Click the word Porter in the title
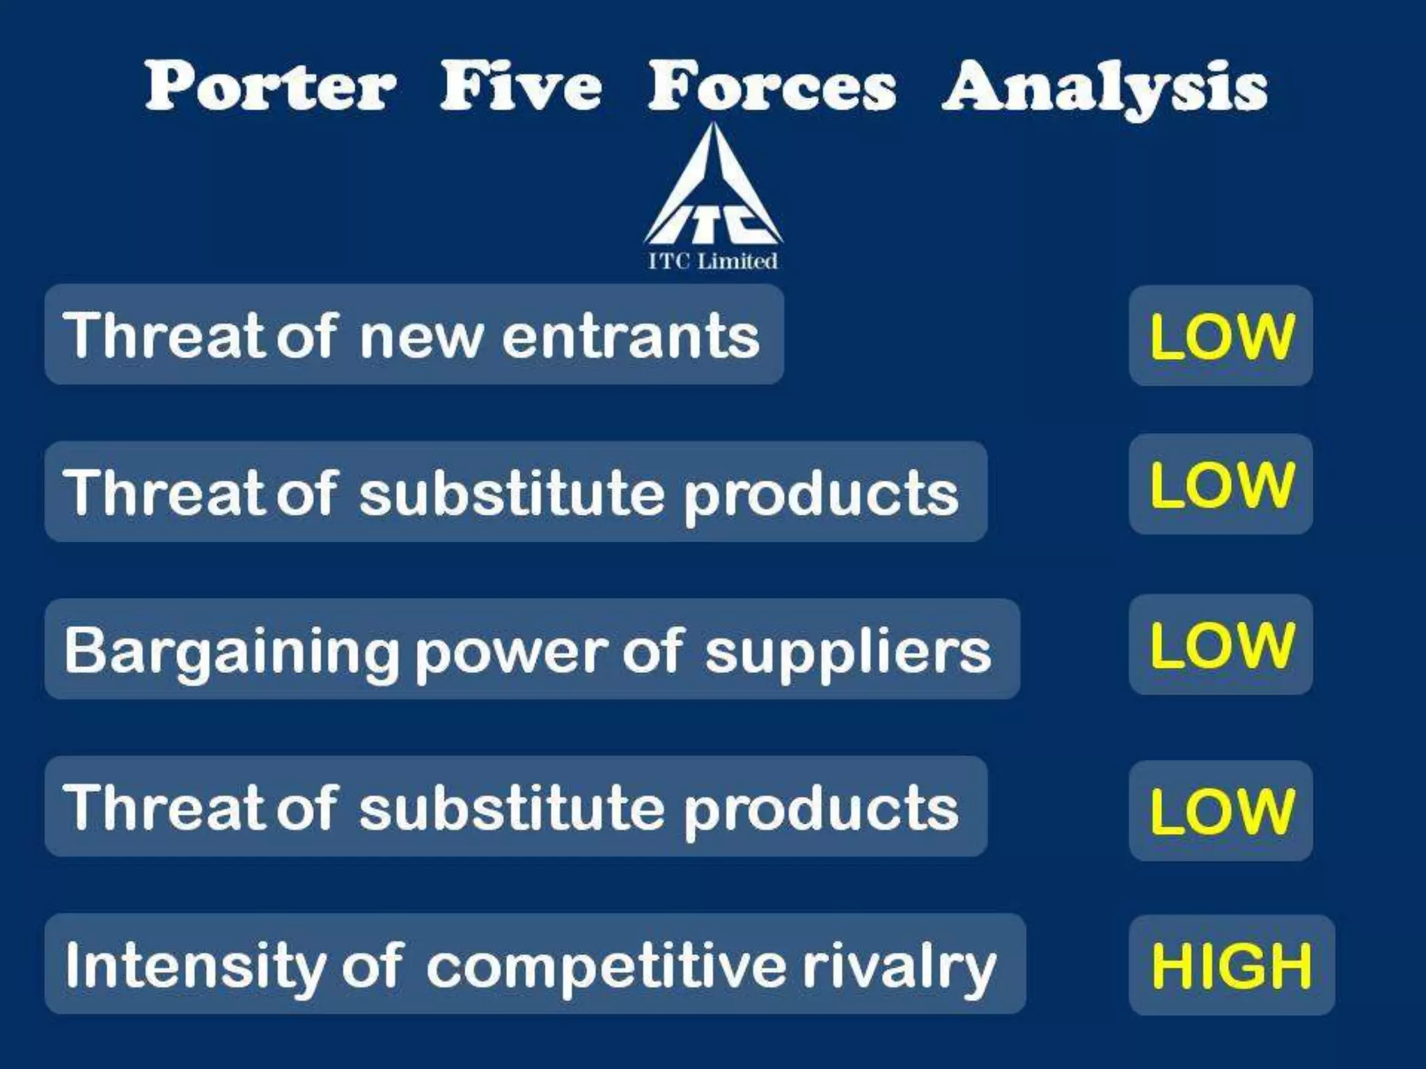(270, 86)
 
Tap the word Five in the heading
(521, 86)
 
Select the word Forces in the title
(771, 86)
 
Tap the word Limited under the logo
(737, 262)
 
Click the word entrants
(631, 335)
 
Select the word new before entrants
(421, 337)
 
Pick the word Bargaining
(230, 651)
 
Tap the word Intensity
(196, 966)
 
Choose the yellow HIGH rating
(1231, 965)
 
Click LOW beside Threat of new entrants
(1221, 336)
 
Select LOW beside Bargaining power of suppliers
(1221, 644)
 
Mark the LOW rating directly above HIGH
(1221, 811)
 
